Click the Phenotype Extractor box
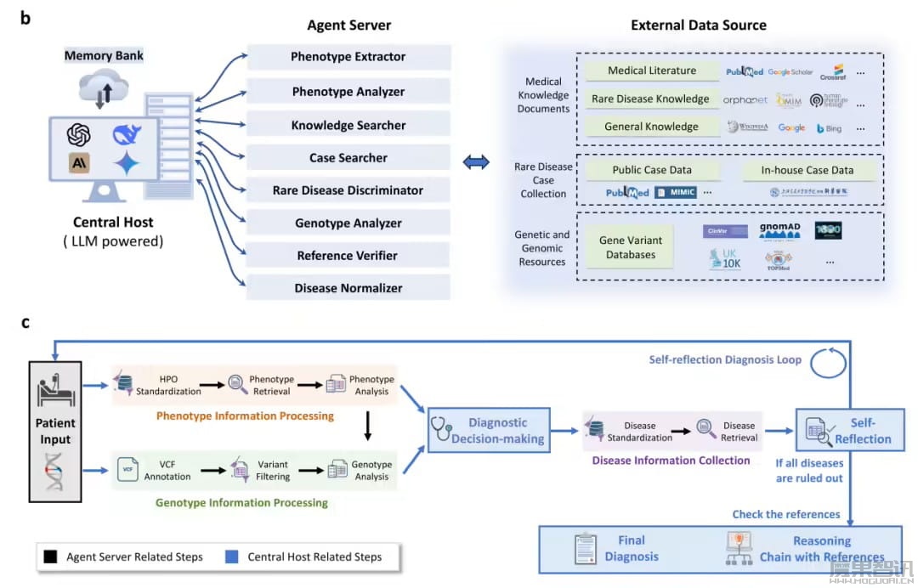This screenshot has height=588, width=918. point(348,57)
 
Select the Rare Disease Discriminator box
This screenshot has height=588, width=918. point(348,190)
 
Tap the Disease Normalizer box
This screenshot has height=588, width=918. point(348,288)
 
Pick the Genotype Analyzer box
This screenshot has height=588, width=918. point(348,223)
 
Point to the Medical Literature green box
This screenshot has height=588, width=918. point(652,71)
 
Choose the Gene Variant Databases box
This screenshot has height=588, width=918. point(631,247)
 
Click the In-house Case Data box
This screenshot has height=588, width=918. point(807,170)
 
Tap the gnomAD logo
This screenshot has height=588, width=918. point(780,230)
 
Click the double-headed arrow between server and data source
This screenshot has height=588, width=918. point(475,161)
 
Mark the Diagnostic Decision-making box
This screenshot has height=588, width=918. point(489,430)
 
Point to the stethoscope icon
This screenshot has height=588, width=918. point(441,430)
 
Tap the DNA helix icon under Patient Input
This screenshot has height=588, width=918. point(53,472)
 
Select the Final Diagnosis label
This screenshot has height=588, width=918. point(632,548)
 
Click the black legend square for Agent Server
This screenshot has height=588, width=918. point(51,557)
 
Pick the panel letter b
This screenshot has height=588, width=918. point(25,17)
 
